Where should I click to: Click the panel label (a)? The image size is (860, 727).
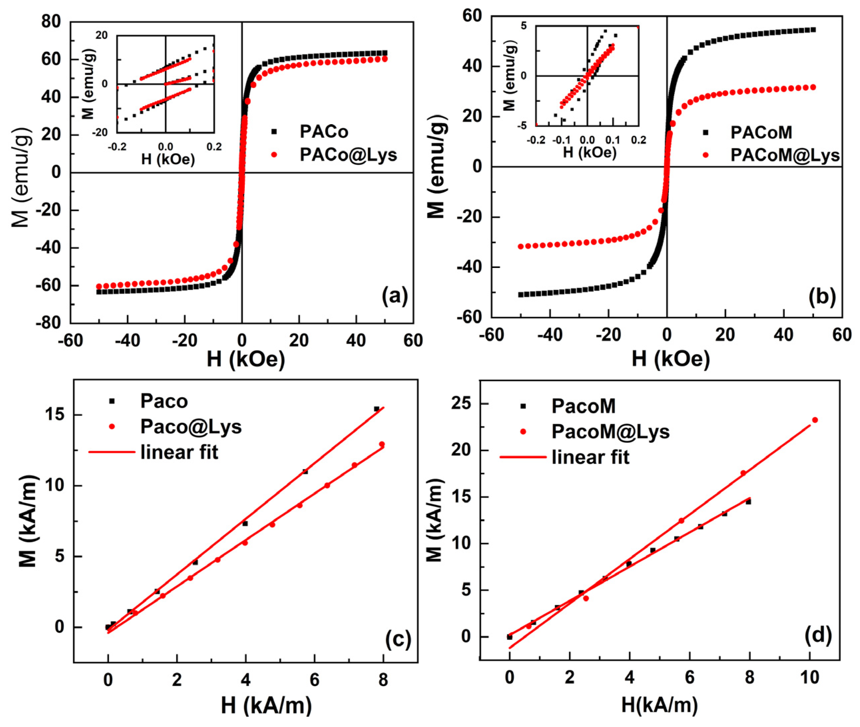click(x=394, y=296)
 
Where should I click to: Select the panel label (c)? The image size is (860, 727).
click(x=398, y=639)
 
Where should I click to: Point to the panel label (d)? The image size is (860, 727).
click(x=818, y=635)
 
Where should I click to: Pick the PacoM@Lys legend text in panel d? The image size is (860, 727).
click(x=610, y=431)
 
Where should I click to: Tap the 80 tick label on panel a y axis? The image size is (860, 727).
click(x=51, y=21)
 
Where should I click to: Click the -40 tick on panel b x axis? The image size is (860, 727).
click(x=550, y=335)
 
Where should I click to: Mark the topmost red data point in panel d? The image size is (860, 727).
click(x=815, y=420)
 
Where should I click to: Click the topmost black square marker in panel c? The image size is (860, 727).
click(x=376, y=409)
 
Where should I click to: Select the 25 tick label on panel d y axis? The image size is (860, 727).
click(x=461, y=403)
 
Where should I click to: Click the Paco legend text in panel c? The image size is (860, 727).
click(x=164, y=401)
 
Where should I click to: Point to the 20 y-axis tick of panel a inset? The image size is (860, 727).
click(x=102, y=35)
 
